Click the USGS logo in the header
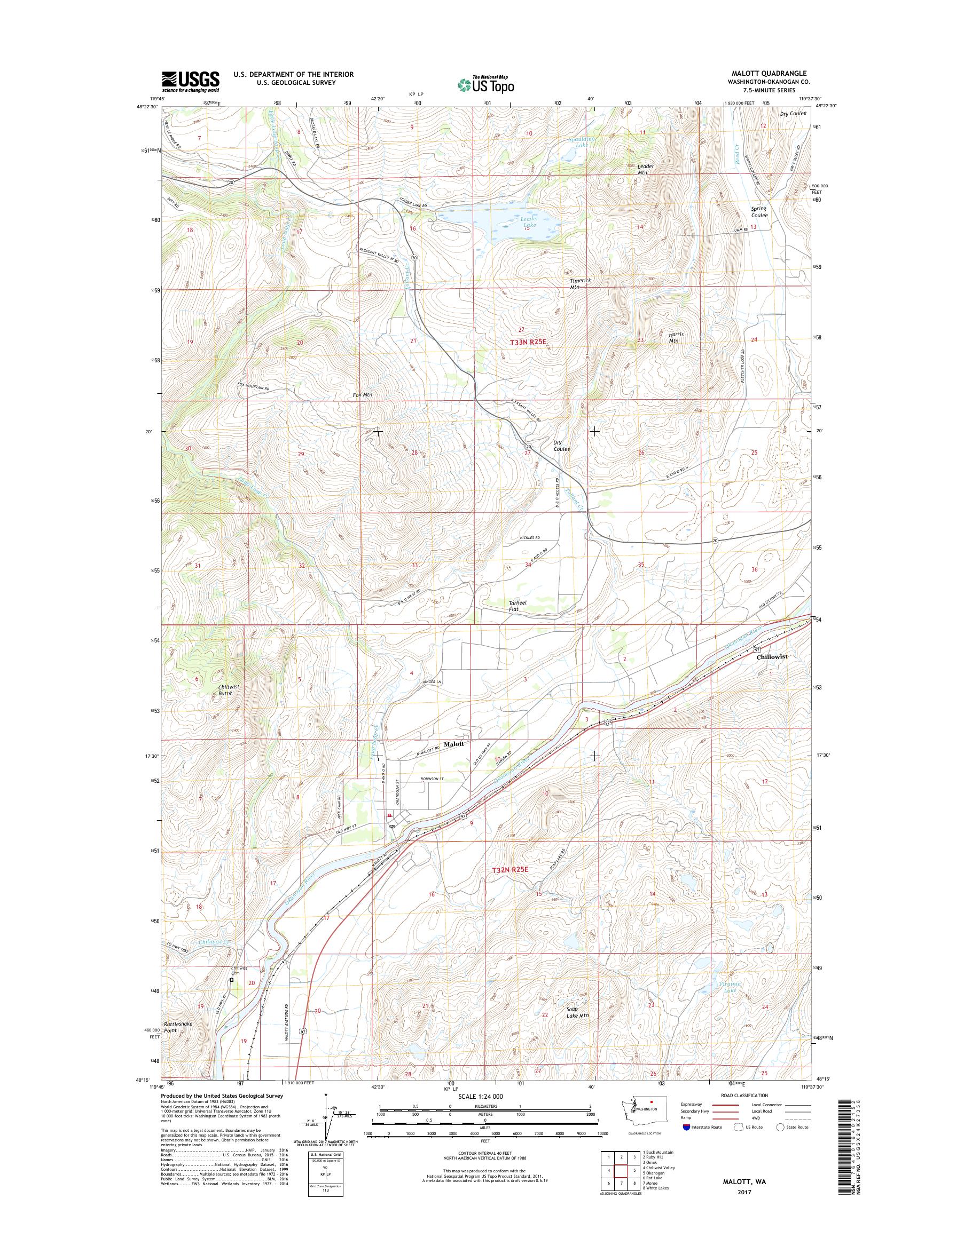tap(190, 81)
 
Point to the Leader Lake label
tap(528, 221)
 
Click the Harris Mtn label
tap(676, 337)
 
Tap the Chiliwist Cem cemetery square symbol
tap(232, 980)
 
